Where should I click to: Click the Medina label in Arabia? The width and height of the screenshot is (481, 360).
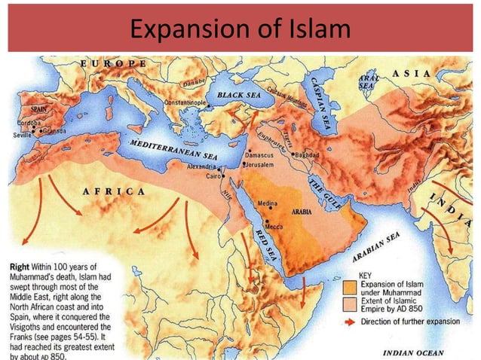point(268,204)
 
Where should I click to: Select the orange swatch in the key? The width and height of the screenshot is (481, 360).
point(348,287)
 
